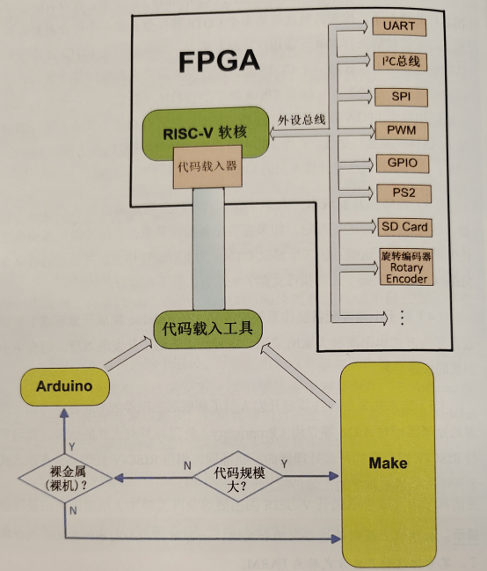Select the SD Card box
point(405,226)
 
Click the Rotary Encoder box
point(405,267)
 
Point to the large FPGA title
point(220,62)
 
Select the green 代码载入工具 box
point(207,329)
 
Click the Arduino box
point(66,386)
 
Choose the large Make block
point(387,463)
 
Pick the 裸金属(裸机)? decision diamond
point(65,478)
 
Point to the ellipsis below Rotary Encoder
point(403,316)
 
